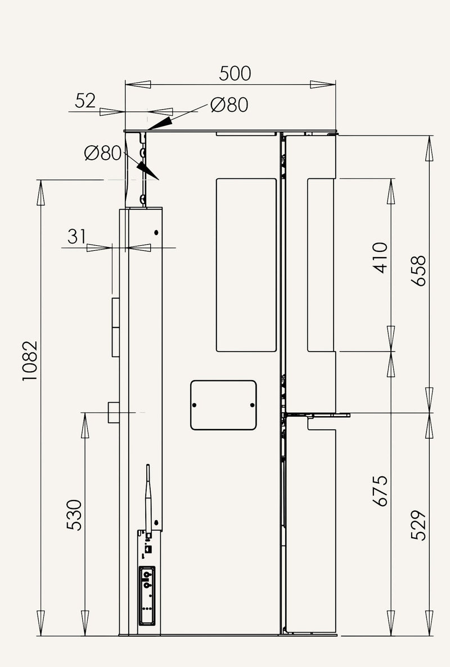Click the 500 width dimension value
click(235, 74)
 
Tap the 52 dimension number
click(85, 101)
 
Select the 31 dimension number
click(76, 237)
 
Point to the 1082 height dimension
click(30, 360)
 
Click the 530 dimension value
click(74, 515)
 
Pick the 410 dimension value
click(380, 258)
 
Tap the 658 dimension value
click(418, 271)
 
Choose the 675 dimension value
click(380, 491)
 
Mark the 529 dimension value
click(418, 525)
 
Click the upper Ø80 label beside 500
click(229, 105)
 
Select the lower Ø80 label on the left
click(103, 153)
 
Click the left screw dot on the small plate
click(195, 405)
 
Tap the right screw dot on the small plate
click(252, 405)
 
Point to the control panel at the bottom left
click(147, 596)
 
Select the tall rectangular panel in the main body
click(246, 265)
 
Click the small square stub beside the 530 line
click(114, 412)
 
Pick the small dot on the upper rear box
click(156, 232)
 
